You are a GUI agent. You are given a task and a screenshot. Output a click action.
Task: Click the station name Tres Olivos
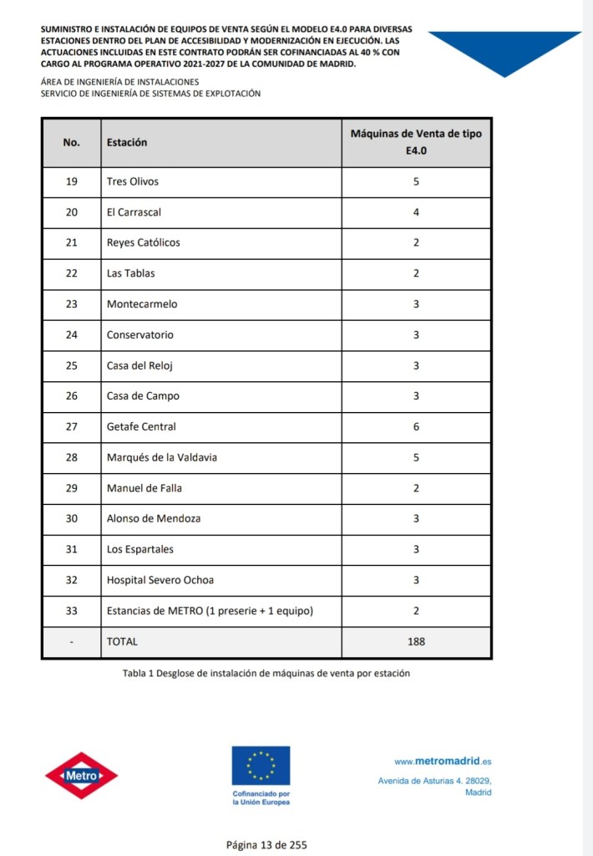coord(133,181)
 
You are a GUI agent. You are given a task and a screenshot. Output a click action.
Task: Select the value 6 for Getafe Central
coord(416,426)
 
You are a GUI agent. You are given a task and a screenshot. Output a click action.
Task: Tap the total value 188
coord(416,641)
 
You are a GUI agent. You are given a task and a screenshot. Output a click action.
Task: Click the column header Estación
coord(127,142)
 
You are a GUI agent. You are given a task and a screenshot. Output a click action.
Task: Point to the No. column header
coord(71,142)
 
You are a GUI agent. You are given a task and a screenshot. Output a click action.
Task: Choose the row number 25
coord(71,365)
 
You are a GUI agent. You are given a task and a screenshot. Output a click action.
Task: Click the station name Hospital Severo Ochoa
coord(159,580)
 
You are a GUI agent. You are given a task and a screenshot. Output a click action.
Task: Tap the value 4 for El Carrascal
coord(416,212)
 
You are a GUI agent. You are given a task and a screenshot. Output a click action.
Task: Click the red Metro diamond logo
coord(81,775)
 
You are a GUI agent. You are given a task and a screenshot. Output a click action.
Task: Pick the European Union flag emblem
coord(261,766)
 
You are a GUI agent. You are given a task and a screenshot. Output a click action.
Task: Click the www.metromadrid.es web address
coord(443,762)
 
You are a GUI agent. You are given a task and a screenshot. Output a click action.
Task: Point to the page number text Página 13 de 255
coord(266,844)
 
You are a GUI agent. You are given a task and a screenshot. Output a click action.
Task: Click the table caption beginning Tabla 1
coord(266,673)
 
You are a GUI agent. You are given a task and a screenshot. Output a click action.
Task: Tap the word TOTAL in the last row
coord(122,641)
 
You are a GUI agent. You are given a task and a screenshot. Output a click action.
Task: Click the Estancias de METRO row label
coord(210,611)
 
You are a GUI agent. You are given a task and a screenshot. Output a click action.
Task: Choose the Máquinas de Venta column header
coord(416,142)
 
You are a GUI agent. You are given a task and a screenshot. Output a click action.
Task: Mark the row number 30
coord(71,518)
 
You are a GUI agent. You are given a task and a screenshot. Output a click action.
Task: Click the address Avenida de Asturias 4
coord(434,781)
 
